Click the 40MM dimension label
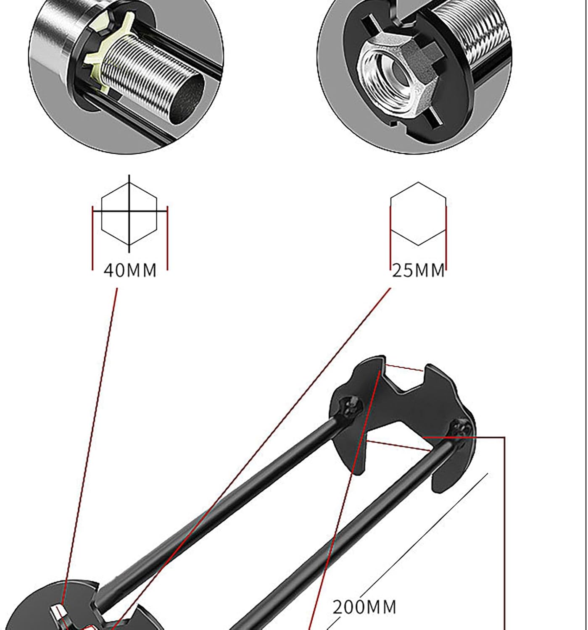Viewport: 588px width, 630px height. [130, 270]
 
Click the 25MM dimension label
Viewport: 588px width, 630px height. [418, 270]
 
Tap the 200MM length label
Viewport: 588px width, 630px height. [364, 607]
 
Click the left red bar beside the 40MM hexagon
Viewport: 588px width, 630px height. [92, 238]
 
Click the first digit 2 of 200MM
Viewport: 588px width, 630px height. [338, 607]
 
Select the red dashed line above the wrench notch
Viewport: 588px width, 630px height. [404, 367]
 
